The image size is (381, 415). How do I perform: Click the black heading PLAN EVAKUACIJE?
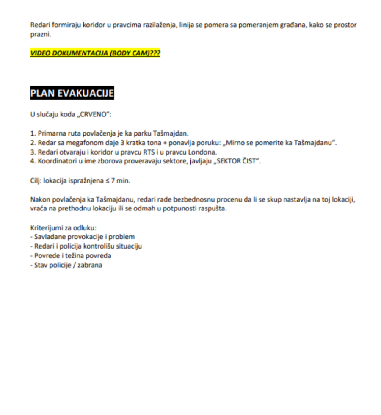point(72,94)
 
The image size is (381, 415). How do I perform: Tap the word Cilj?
point(36,181)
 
